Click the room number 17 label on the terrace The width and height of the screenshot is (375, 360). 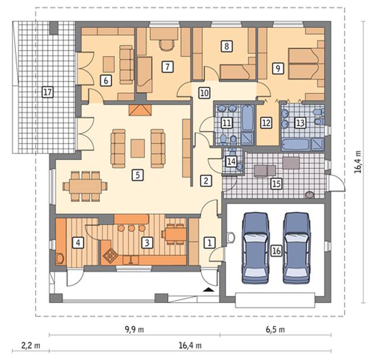pyautogui.click(x=47, y=92)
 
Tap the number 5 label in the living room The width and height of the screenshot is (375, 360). pyautogui.click(x=137, y=175)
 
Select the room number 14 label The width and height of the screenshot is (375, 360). pyautogui.click(x=231, y=162)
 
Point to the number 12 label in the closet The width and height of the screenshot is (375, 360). pyautogui.click(x=266, y=123)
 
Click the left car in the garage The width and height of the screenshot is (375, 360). pyautogui.click(x=256, y=248)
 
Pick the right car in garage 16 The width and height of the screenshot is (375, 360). pyautogui.click(x=297, y=248)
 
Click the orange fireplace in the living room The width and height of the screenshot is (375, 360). pyautogui.click(x=140, y=110)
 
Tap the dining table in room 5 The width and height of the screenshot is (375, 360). pyautogui.click(x=85, y=186)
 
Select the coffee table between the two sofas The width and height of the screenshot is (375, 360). pyautogui.click(x=137, y=148)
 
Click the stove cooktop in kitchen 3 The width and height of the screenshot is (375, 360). pyautogui.click(x=110, y=255)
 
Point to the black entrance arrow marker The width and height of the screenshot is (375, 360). pyautogui.click(x=209, y=290)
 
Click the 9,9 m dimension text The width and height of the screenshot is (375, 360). pyautogui.click(x=135, y=329)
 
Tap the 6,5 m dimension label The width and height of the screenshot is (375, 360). pyautogui.click(x=275, y=329)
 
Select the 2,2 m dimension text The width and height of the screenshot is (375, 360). pyautogui.click(x=31, y=345)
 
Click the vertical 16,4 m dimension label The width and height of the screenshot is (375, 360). pyautogui.click(x=358, y=162)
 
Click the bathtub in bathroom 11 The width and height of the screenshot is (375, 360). pyautogui.click(x=247, y=118)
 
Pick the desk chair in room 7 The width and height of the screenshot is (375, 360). pyautogui.click(x=166, y=45)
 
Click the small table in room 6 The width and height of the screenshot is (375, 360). pyautogui.click(x=109, y=64)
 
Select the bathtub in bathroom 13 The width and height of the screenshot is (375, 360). pyautogui.click(x=296, y=144)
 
